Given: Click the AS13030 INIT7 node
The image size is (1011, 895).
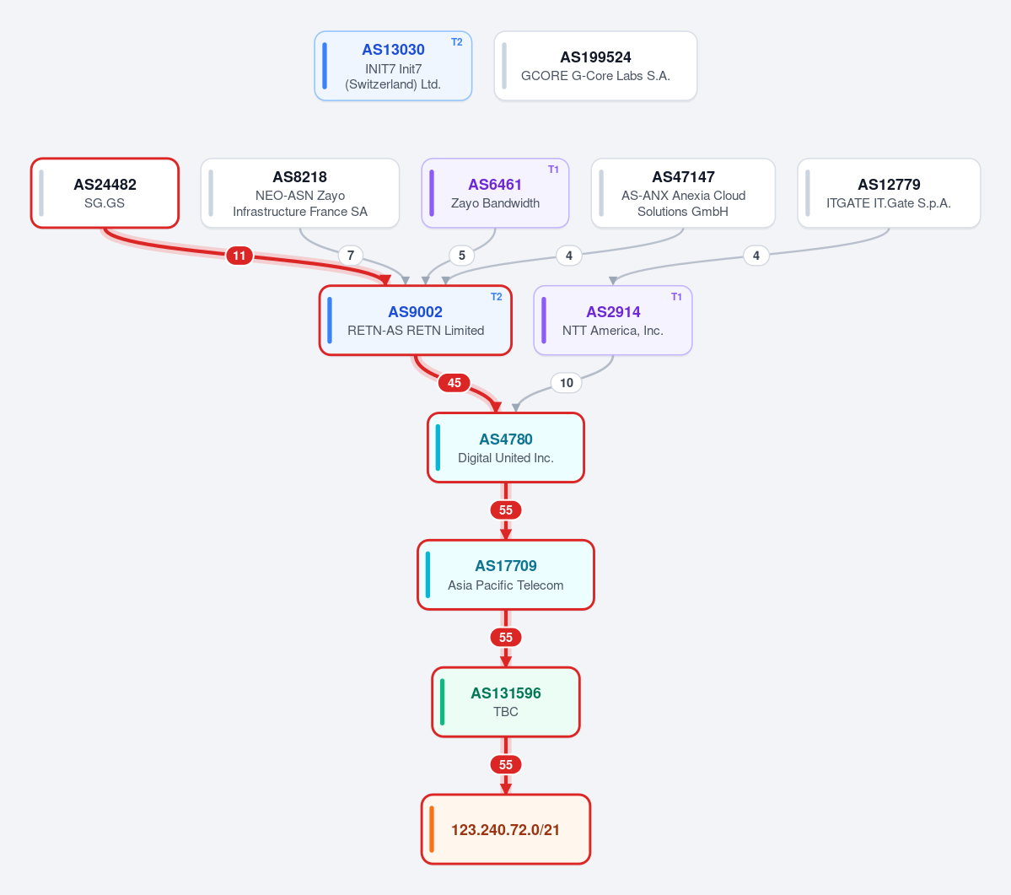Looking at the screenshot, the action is (x=393, y=66).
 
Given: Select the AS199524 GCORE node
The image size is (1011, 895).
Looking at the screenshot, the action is (x=596, y=66).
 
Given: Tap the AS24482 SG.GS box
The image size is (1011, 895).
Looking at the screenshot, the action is (x=105, y=193).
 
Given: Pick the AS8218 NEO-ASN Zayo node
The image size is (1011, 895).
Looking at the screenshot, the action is (x=300, y=193).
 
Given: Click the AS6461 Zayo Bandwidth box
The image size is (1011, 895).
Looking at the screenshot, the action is (x=495, y=193).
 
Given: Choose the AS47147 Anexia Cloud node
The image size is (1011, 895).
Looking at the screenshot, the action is (x=684, y=193).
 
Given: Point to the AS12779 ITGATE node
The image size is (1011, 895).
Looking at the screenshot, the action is (x=889, y=193).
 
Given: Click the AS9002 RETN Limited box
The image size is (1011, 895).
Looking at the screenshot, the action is (x=415, y=321).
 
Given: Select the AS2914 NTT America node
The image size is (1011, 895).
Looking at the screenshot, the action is (x=613, y=321).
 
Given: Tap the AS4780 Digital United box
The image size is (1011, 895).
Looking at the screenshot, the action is (x=506, y=447).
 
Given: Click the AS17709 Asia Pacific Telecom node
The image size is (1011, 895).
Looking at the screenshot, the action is (x=506, y=574).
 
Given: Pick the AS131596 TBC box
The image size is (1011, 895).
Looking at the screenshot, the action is (x=506, y=702).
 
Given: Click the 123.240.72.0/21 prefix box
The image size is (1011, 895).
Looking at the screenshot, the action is (x=506, y=829).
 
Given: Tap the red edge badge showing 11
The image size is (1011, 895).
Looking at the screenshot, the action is (x=239, y=256).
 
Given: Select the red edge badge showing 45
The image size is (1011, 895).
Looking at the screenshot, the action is (x=454, y=383).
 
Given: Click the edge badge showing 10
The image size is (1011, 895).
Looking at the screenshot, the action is (x=567, y=383).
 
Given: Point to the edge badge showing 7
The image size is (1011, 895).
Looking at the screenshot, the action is (x=351, y=256).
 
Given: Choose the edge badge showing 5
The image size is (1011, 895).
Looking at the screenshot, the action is (x=462, y=256).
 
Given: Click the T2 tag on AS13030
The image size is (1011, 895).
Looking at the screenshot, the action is (x=456, y=42).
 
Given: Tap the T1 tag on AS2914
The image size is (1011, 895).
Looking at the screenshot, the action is (x=676, y=297).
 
